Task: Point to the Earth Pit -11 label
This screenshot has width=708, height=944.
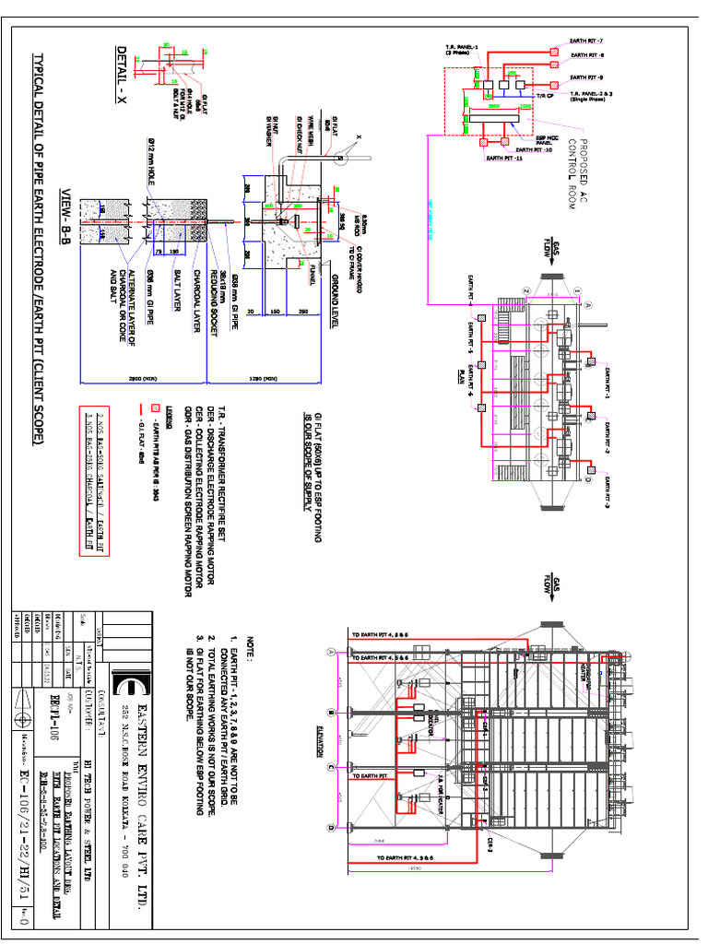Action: pos(504,159)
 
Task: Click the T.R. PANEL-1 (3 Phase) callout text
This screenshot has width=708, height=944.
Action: pos(461,49)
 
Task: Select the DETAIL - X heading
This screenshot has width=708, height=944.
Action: pos(119,72)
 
